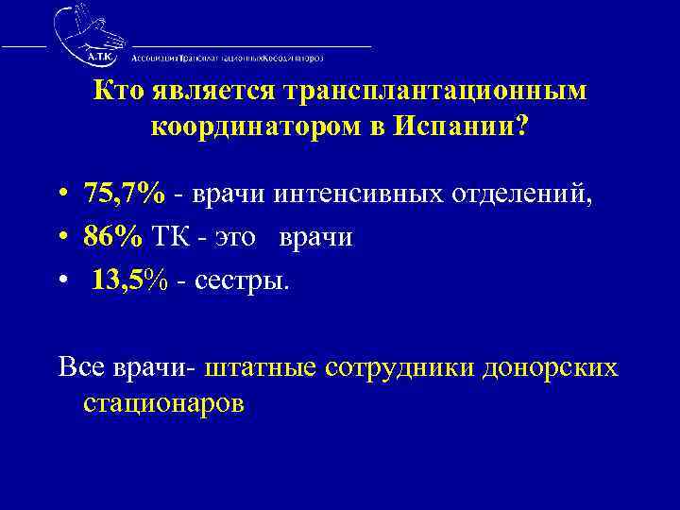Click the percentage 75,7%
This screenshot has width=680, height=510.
(125, 194)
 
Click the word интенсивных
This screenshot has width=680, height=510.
(354, 194)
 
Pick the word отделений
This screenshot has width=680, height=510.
(515, 194)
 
